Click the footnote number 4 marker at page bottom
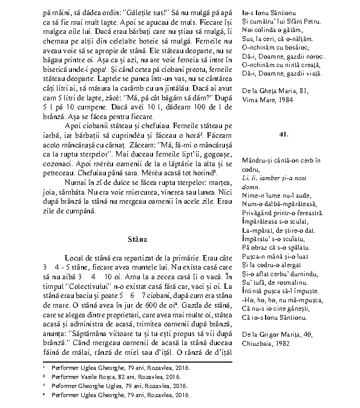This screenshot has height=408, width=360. point(45,393)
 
